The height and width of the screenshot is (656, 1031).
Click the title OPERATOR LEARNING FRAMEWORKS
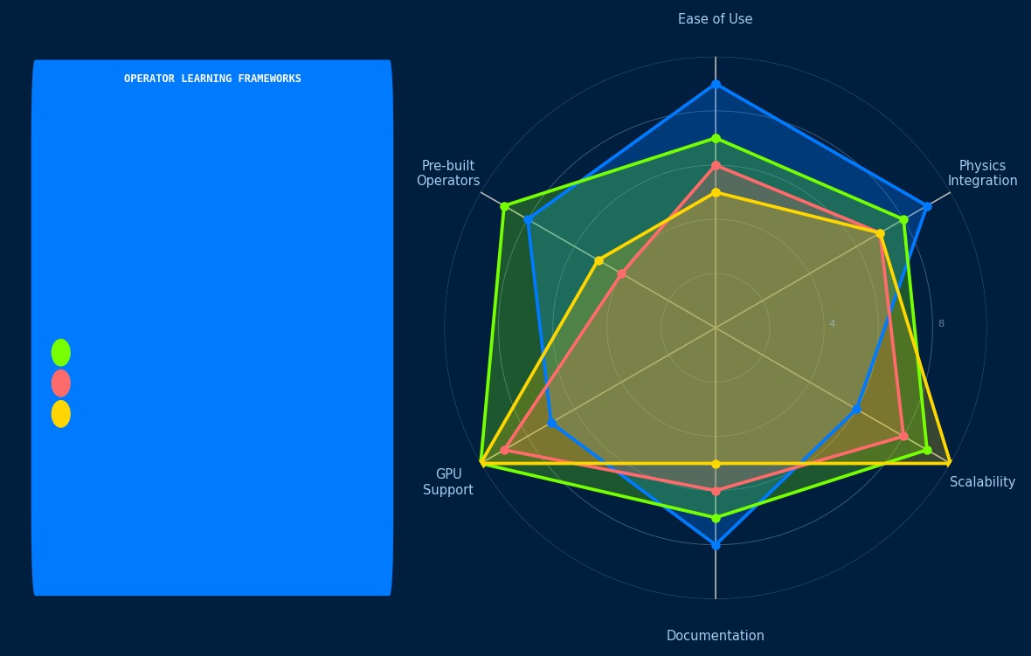tap(212, 79)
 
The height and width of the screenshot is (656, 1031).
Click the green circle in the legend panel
tap(61, 353)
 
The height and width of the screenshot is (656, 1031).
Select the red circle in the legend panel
tap(61, 383)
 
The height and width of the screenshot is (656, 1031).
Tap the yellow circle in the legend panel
tap(61, 414)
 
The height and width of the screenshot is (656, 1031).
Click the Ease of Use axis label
tap(715, 19)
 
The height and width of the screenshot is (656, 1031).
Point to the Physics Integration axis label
tap(982, 173)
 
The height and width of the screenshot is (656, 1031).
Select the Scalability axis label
tap(982, 482)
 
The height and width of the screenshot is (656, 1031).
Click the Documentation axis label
tap(715, 636)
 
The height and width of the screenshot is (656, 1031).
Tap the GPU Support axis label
tap(448, 482)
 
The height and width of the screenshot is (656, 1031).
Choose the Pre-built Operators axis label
tap(448, 173)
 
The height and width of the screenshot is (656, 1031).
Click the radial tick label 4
tap(832, 324)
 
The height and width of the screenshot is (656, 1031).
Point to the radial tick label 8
tap(941, 324)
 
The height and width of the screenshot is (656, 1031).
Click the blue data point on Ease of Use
tap(716, 84)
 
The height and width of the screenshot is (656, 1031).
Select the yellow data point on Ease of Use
tap(716, 192)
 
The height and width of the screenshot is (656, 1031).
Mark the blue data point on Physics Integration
tap(927, 206)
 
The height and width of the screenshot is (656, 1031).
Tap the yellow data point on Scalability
tap(950, 463)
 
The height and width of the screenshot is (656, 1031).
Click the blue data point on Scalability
tap(856, 409)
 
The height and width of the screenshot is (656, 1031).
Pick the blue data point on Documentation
tap(716, 545)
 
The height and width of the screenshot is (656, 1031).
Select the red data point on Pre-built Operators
tap(621, 273)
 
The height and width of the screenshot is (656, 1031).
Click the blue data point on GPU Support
tap(551, 423)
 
